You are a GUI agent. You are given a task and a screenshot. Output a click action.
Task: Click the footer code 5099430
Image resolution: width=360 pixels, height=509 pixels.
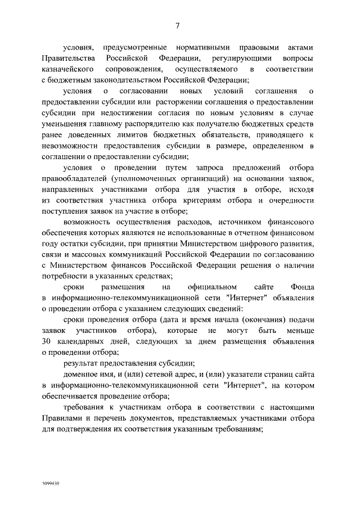(x=51, y=483)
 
